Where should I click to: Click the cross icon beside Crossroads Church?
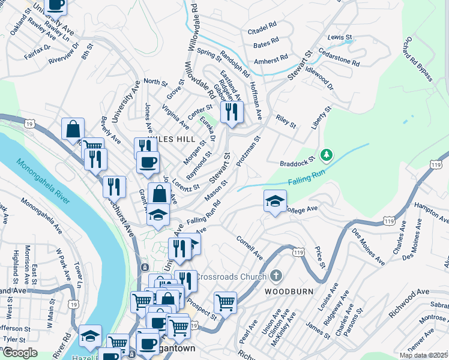(276, 277)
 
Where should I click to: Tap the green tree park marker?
(326, 155)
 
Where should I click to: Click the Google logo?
(20, 352)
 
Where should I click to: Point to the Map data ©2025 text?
(423, 355)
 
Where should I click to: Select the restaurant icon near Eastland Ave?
(231, 112)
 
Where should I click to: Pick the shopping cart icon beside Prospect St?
(225, 302)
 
